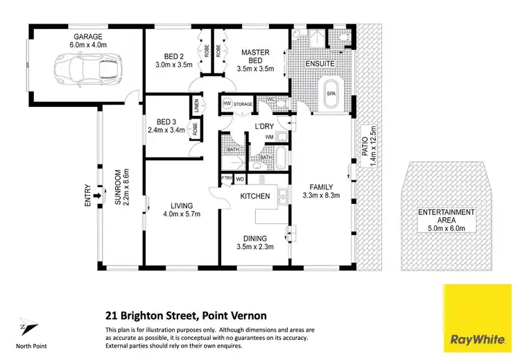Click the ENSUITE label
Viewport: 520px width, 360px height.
point(320,64)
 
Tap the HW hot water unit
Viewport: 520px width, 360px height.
point(227,104)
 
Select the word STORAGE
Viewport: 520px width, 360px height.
point(243,104)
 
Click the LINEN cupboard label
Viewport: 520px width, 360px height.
point(197,106)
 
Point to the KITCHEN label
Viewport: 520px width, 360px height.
point(254,196)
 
